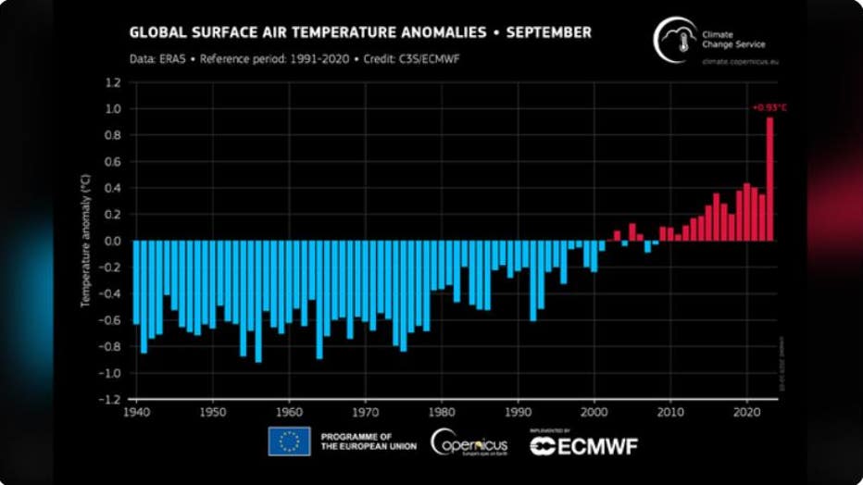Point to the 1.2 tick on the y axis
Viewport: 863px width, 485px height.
[114, 82]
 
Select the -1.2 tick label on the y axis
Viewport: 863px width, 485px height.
[112, 400]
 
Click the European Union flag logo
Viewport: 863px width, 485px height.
[289, 441]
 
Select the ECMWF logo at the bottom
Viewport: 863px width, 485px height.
[583, 445]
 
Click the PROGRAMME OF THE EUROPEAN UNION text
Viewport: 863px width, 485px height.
[368, 441]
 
